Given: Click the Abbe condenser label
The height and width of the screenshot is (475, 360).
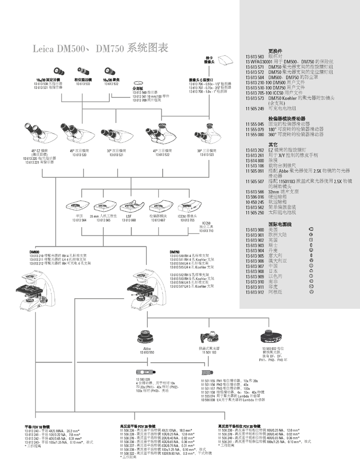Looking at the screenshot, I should (147, 349).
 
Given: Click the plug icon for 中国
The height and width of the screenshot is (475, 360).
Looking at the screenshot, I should (311, 266).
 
